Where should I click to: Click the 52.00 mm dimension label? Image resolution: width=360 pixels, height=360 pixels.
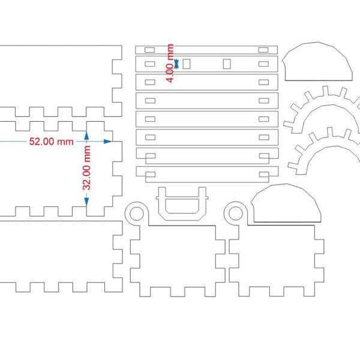click(51, 142)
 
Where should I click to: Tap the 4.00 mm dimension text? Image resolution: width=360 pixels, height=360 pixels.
click(170, 62)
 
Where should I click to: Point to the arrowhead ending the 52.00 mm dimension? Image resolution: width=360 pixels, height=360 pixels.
click(107, 142)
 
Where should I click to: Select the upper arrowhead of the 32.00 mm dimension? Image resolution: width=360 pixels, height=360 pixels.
click(86, 136)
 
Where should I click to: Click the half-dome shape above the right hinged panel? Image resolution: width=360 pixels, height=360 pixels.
click(286, 204)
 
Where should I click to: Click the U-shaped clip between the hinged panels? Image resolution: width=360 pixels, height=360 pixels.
click(182, 204)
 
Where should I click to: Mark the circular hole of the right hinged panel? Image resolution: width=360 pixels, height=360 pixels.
click(236, 213)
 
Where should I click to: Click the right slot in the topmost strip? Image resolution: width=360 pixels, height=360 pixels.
click(263, 49)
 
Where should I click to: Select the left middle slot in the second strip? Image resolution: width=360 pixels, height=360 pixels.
click(187, 64)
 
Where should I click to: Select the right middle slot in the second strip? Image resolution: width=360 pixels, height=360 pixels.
click(226, 64)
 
